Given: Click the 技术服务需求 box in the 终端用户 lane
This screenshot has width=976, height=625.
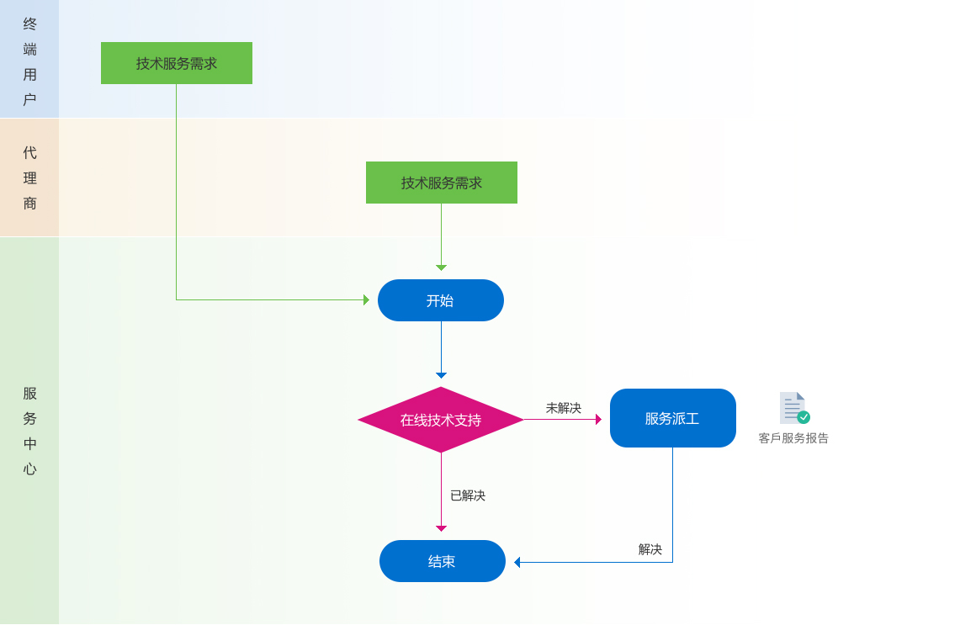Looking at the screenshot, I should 177,63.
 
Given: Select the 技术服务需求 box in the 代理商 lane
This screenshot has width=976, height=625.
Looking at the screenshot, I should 442,183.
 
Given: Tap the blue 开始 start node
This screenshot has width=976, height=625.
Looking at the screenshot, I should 441,300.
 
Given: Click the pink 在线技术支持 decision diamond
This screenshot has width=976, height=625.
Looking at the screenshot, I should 441,420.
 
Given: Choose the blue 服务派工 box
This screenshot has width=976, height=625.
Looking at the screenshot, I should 673,418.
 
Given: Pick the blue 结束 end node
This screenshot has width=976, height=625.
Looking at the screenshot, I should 443,561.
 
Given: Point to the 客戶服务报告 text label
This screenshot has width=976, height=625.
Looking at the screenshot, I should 793,438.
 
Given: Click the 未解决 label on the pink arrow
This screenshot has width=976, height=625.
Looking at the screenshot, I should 564,408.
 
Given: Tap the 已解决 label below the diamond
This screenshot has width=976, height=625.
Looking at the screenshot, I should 468,495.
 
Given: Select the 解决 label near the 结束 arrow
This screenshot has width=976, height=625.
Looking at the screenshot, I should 650,549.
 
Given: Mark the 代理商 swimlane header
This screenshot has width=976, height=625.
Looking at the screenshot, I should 29,177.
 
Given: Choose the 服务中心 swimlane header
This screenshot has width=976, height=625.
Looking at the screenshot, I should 29,431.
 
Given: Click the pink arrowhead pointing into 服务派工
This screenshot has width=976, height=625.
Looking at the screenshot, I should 598,419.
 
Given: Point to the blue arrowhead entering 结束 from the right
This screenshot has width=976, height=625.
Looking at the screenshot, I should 517,562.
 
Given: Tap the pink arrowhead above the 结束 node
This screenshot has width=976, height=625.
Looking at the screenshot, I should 441,528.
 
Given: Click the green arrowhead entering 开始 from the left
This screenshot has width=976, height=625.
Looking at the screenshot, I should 366,299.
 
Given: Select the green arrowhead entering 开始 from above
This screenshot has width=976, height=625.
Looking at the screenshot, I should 441,267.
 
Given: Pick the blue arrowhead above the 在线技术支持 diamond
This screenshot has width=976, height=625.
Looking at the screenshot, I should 441,375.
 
